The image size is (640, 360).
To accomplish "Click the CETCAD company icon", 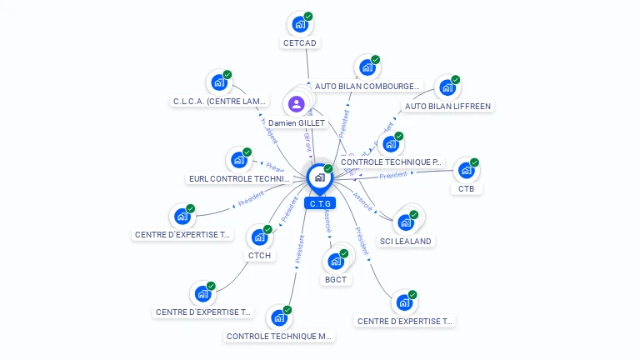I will pos(299,24).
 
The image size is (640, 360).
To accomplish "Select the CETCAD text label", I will pos(300,43).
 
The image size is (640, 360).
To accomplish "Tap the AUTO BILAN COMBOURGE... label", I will pos(367,86).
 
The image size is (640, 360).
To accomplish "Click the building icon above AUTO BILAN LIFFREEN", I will pos(447,87).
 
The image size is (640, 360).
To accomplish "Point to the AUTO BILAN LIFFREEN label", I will pos(447,107).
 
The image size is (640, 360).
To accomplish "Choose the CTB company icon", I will pos(466,170).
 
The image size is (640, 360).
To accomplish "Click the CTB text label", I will pos(466,189).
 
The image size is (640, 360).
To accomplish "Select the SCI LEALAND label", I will pos(407,241).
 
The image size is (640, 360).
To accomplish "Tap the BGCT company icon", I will pos(336,261).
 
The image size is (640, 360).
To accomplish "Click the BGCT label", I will pos(336,280).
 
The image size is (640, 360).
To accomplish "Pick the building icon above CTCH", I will pos(259,237).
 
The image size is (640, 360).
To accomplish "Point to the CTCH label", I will pos(259,256).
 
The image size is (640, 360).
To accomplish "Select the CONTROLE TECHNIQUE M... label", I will pos(280,337).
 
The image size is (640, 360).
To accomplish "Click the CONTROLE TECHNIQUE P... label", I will pos(392,162).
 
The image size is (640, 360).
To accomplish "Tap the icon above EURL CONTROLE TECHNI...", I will pos(239,159).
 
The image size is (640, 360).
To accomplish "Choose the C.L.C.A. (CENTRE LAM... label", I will pos(220,102).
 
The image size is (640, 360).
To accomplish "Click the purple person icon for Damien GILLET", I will pos(296,104).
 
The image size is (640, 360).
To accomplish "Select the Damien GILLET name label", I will pos(297,123).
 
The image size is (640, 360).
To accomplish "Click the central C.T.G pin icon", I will pos(319,177).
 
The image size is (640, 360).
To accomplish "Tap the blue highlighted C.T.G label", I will pos(319,203).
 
